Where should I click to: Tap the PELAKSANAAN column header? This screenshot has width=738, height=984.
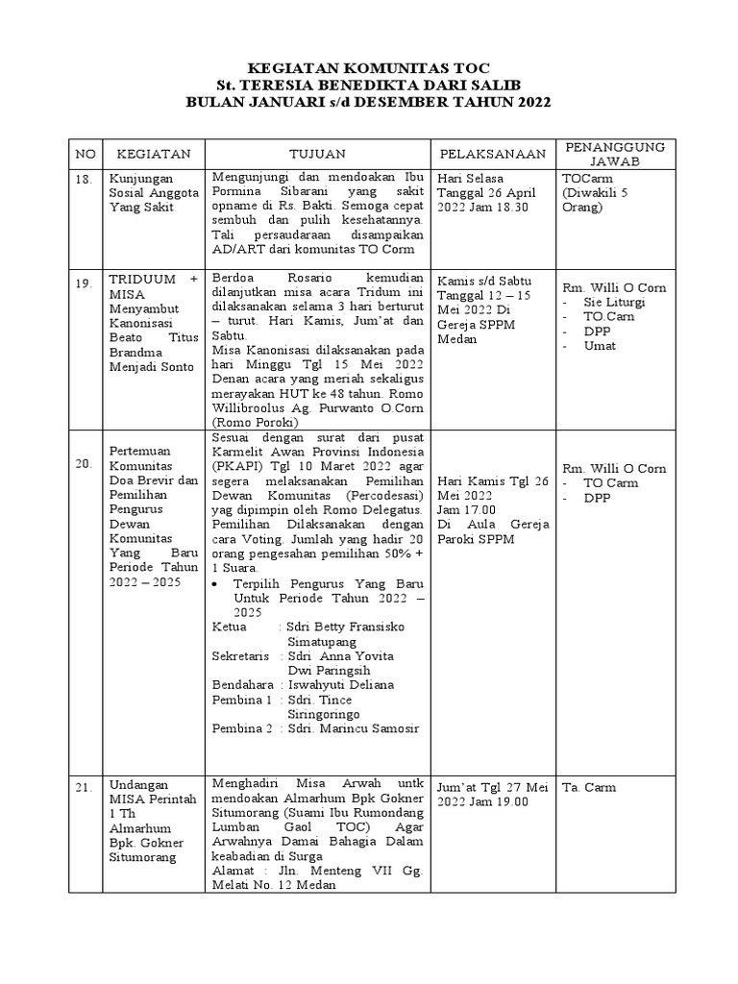tap(493, 154)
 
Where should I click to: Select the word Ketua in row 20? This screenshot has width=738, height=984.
tap(229, 627)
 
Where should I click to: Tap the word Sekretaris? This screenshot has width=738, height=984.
tap(236, 655)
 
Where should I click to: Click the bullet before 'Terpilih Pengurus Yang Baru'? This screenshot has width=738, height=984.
tap(221, 584)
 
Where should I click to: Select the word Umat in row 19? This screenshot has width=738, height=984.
tap(600, 346)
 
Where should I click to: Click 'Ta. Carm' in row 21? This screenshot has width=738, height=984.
tap(590, 788)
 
